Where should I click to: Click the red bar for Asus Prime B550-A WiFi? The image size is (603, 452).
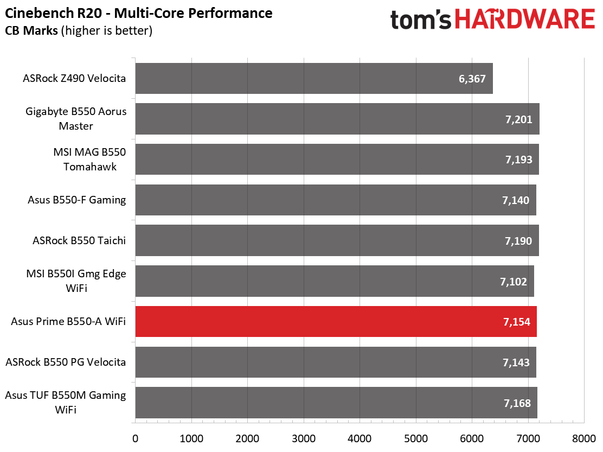336,322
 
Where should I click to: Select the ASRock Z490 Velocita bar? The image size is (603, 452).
314,79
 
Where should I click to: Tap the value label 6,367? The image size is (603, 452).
472,79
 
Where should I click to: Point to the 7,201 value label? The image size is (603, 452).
519,119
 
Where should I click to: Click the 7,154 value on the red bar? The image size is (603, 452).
516,322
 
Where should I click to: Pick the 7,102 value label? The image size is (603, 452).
514,282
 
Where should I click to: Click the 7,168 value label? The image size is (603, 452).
517,403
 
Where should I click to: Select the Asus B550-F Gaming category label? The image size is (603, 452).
77,200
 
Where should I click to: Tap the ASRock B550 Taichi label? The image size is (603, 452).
79,240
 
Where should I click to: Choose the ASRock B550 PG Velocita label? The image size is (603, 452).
66,362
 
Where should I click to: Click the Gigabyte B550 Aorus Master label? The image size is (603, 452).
76,118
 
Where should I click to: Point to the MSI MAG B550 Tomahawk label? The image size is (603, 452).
89,159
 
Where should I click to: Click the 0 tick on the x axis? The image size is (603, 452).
135,438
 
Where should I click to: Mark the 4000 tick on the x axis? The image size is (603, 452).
360,438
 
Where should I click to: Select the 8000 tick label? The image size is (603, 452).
584,438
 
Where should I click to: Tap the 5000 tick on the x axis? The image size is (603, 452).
416,438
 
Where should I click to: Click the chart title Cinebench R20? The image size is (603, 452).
54,13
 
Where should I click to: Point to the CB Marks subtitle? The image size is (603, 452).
31,30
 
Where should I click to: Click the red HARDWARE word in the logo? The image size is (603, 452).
525,19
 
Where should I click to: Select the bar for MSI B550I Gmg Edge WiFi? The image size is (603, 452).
335,281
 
